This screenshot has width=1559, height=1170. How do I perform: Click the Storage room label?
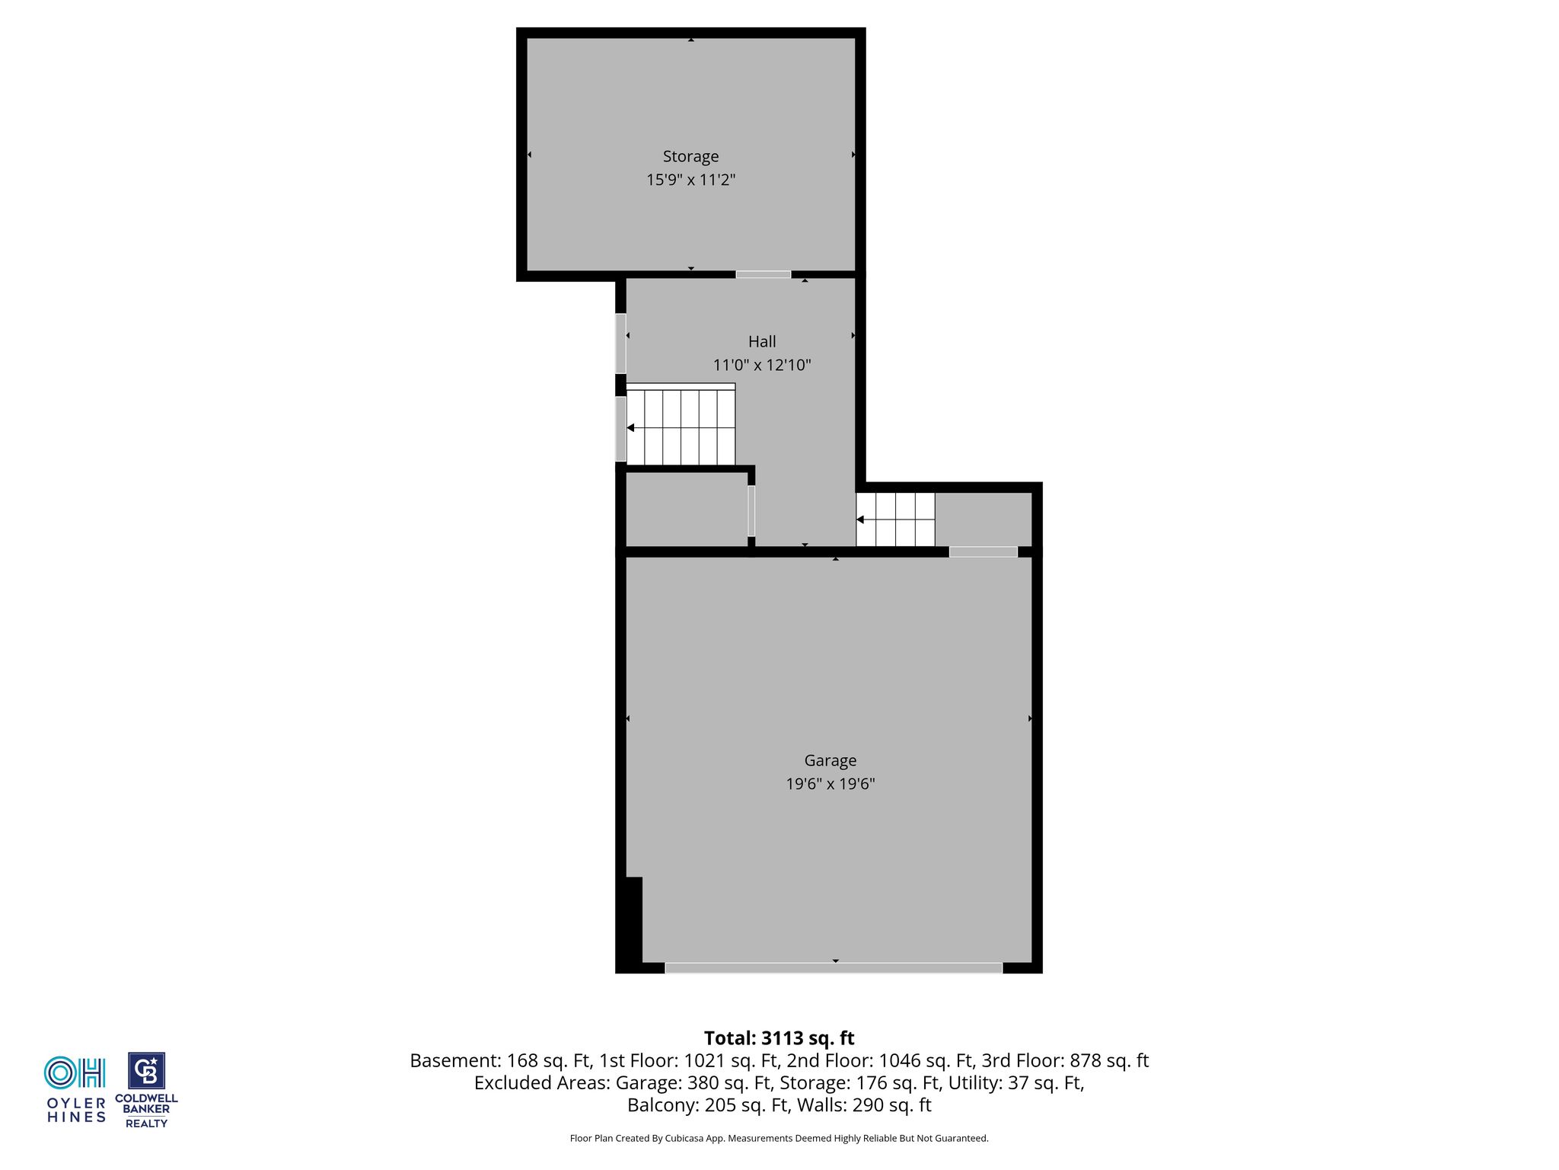690,156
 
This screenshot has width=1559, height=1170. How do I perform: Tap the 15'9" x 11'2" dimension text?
690,180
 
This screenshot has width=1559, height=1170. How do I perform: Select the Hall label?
762,341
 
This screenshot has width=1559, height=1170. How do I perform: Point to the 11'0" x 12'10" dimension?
762,365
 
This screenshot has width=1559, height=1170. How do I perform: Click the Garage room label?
831,760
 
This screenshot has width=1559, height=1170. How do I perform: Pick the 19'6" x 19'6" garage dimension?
831,784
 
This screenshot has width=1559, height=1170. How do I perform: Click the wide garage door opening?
834,967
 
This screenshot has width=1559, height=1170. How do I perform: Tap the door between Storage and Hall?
763,274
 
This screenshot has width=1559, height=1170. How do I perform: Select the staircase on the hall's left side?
681,424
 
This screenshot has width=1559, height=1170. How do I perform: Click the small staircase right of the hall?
895,519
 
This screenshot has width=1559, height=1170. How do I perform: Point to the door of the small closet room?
751,511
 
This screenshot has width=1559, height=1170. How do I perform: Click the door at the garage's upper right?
983,551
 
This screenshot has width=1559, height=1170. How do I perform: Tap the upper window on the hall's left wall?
620,344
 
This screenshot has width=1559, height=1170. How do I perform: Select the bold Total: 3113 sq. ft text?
779,1038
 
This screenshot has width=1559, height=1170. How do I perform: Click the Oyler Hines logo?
76,1089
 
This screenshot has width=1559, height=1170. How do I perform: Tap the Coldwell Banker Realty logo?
146,1090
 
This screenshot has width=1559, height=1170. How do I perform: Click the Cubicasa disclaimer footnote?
779,1138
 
